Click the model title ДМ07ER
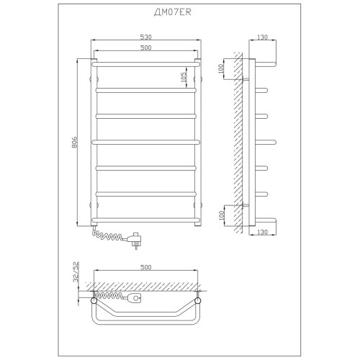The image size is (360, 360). (173, 12)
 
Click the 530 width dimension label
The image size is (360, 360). (146, 37)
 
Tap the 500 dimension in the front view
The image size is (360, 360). (146, 48)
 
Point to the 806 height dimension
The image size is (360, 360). (74, 142)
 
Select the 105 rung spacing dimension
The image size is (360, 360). (184, 77)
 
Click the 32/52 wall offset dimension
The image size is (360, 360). (76, 272)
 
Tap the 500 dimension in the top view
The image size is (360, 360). (146, 267)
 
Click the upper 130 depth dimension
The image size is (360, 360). (262, 37)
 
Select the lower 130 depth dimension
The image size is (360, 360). (262, 232)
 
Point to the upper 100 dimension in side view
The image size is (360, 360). (221, 68)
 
